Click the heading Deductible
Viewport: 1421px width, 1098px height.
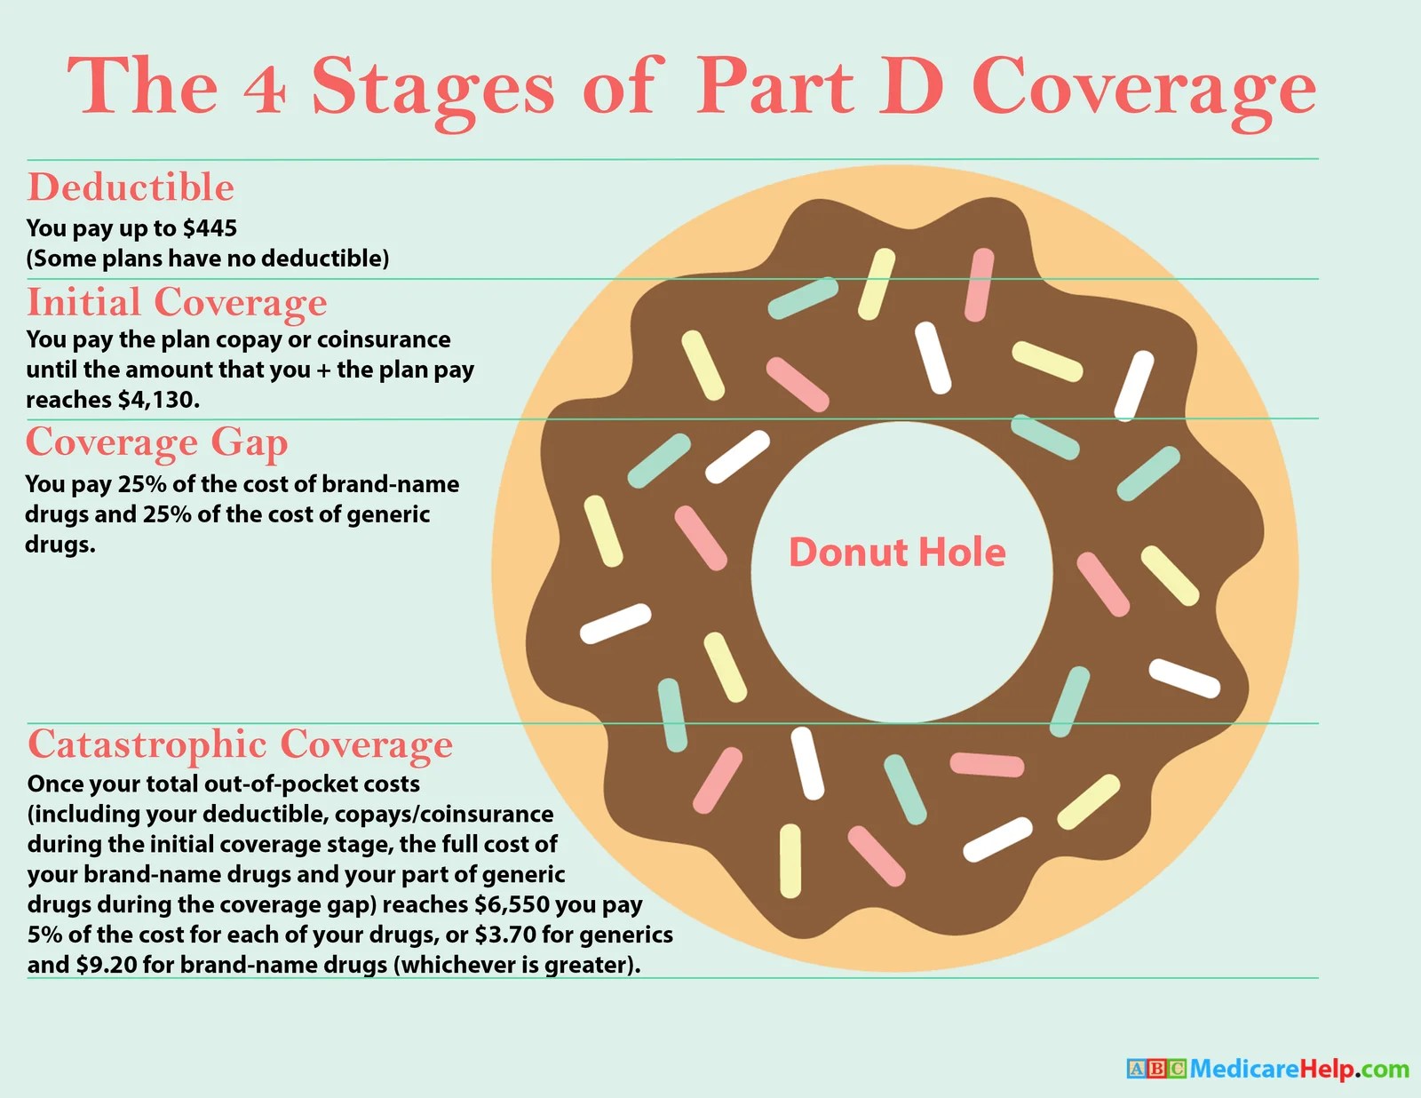coord(131,187)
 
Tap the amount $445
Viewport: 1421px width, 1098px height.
coord(210,228)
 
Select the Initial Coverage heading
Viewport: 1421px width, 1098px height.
coord(177,303)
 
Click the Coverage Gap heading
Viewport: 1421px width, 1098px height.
coord(156,442)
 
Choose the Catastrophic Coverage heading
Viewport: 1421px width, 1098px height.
coord(240,744)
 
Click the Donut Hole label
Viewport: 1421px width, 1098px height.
coord(897,553)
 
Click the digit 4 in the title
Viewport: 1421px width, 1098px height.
coord(265,90)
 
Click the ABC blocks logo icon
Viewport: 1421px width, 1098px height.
coord(1155,1068)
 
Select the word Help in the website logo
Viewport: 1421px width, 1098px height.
coord(1328,1068)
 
